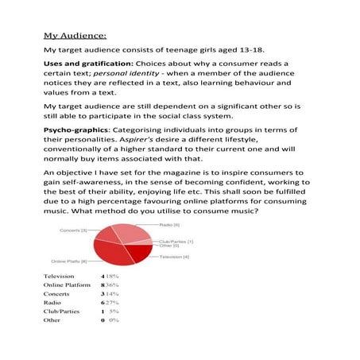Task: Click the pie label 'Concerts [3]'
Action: [73, 230]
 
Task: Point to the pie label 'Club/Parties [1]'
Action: [176, 241]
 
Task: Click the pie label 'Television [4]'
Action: [174, 257]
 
